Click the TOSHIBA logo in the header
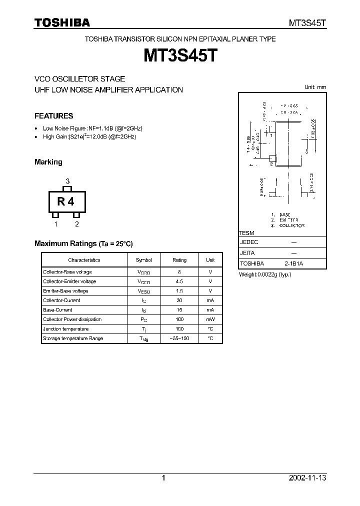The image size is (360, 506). [62, 22]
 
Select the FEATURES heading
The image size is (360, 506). [53, 116]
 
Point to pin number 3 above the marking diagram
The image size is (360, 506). [67, 181]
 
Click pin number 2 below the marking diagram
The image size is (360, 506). [77, 224]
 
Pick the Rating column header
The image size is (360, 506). [179, 260]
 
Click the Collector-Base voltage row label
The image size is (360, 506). [67, 272]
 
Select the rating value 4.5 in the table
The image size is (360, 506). [179, 281]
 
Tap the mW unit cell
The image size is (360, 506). [210, 319]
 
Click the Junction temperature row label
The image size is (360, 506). [66, 329]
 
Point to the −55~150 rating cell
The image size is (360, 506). [179, 338]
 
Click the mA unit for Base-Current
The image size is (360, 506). [210, 310]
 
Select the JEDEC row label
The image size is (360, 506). [249, 241]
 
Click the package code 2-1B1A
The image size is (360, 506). [293, 263]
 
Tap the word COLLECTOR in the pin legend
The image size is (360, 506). [292, 225]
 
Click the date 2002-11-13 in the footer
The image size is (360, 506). [307, 478]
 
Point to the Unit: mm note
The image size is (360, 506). [315, 87]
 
